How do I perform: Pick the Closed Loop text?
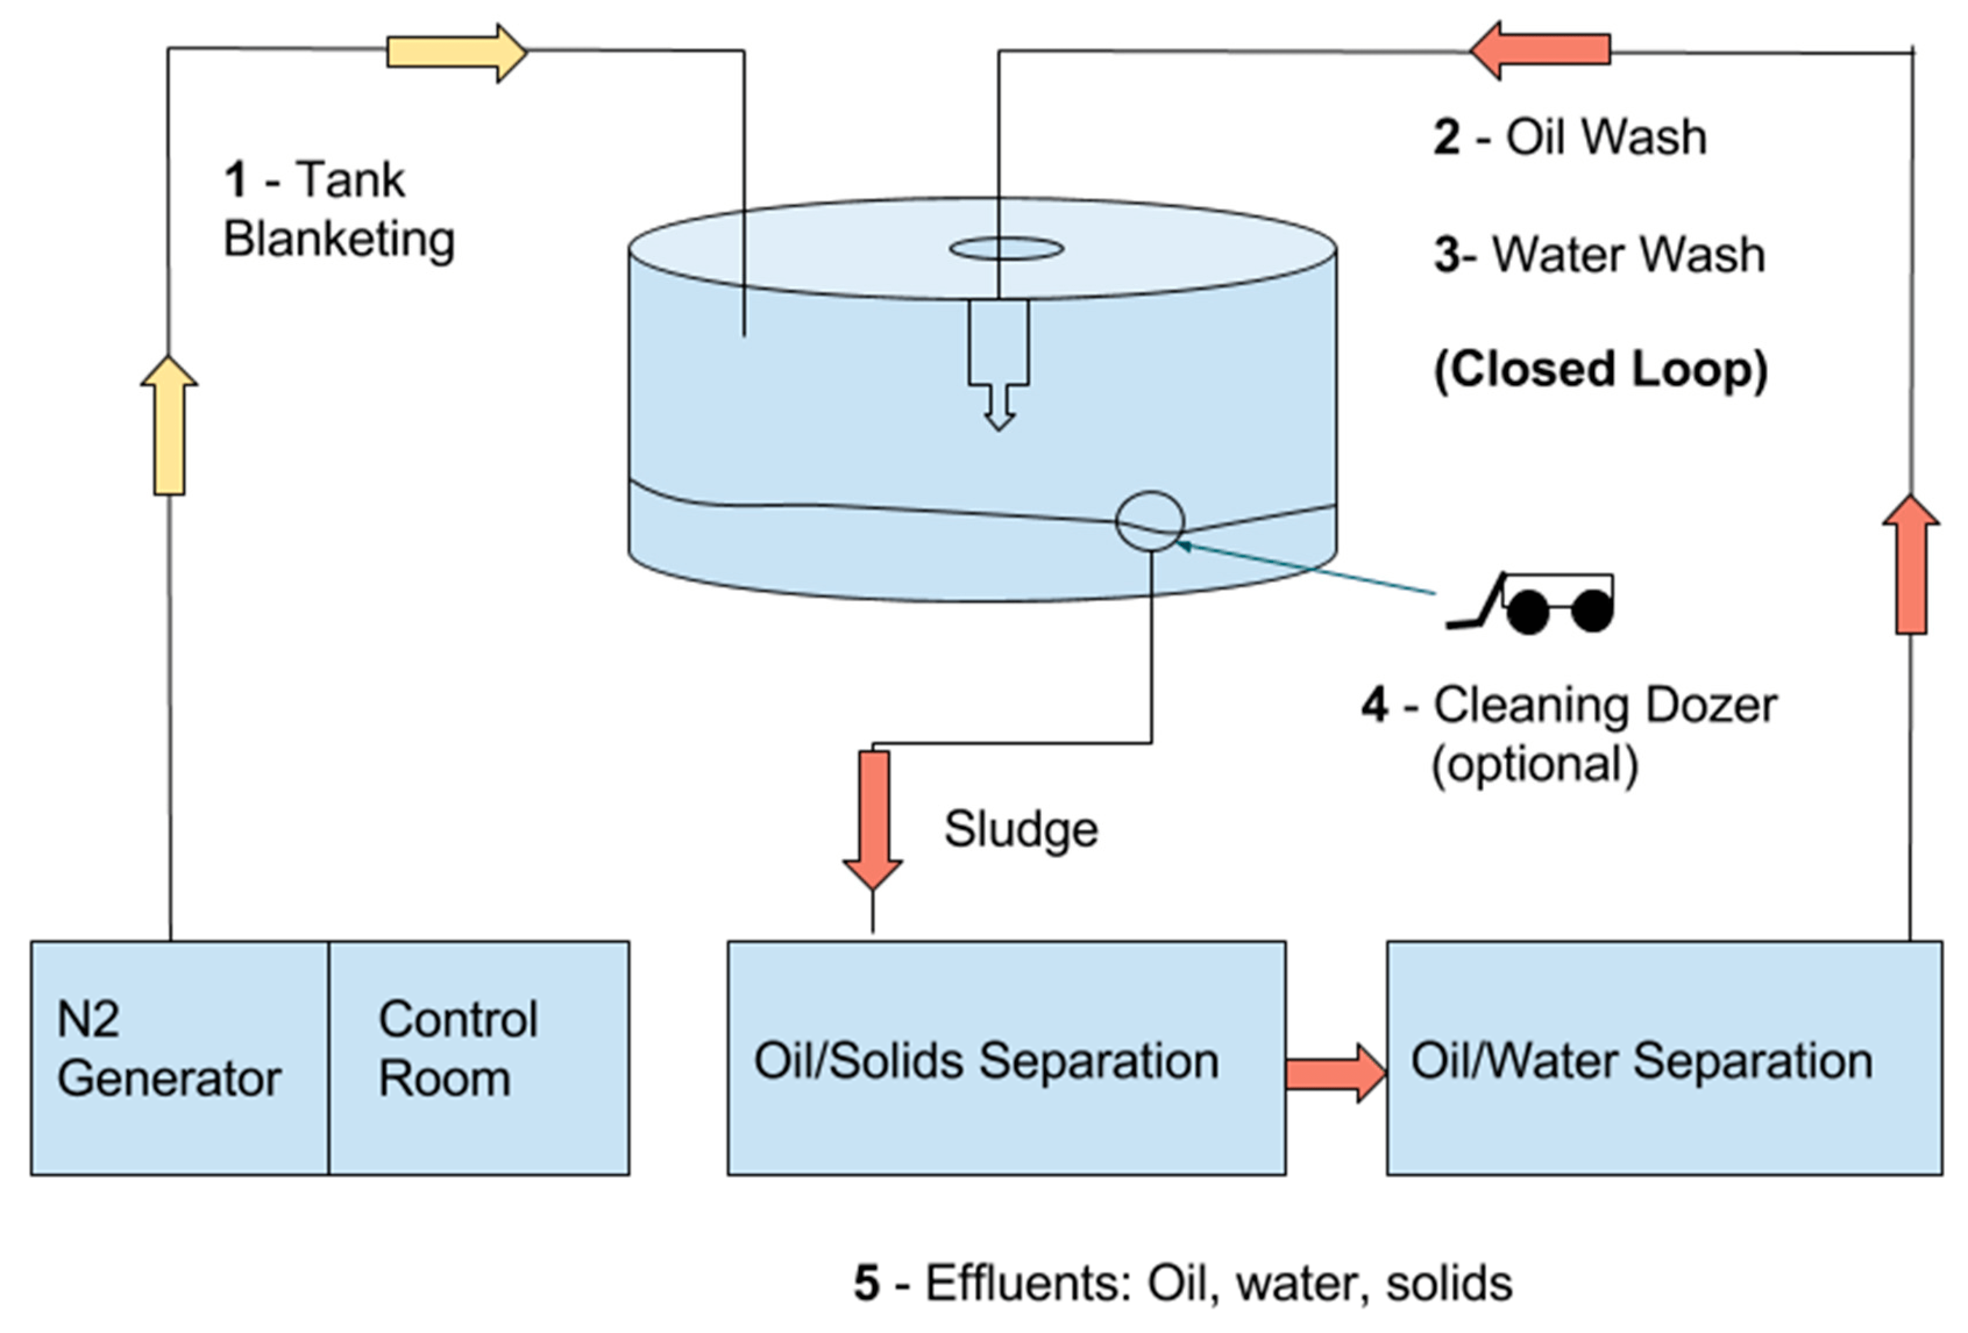1600,370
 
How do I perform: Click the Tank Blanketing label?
339,209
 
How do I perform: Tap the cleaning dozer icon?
1533,603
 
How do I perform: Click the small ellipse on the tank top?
1006,248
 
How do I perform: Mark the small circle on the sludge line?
1149,521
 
